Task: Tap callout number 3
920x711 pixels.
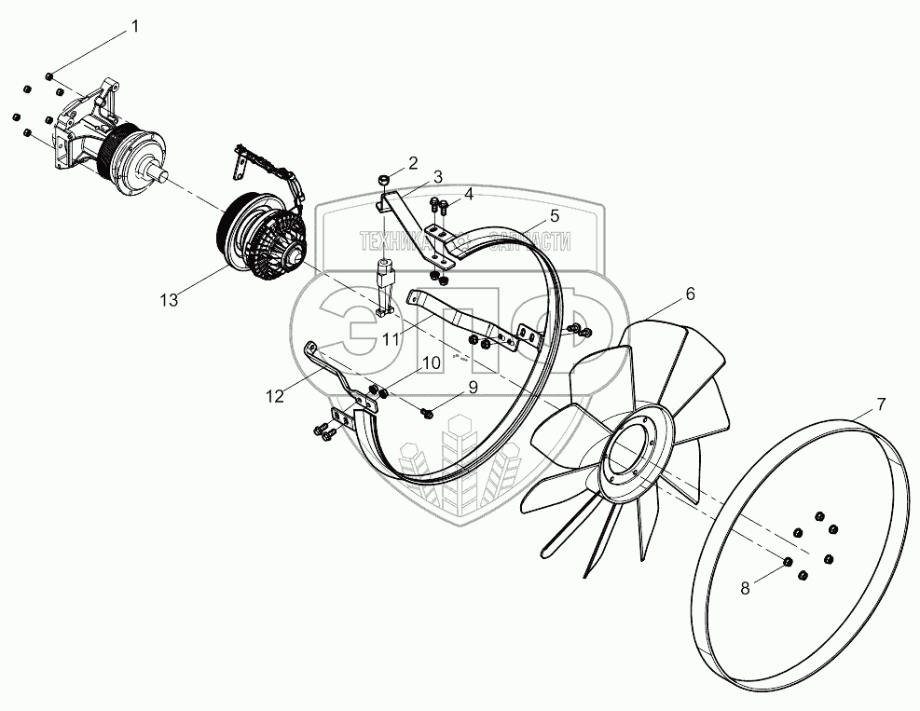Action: [x=437, y=175]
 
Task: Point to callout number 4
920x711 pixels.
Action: [x=469, y=194]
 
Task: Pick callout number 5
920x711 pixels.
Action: [x=555, y=215]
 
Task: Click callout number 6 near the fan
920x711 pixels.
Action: [x=690, y=293]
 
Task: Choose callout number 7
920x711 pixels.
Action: [x=882, y=403]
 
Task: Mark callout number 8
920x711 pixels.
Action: [x=745, y=588]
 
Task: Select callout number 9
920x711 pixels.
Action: [x=473, y=386]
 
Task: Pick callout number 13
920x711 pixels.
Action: [x=168, y=299]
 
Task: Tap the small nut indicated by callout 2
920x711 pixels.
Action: [x=383, y=179]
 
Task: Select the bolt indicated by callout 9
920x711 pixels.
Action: [x=428, y=411]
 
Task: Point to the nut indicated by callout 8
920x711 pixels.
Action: [x=787, y=562]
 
